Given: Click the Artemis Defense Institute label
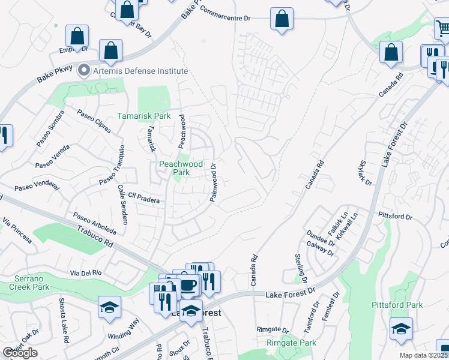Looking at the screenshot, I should point(140,71).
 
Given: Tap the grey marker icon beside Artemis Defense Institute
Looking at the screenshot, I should point(84,70).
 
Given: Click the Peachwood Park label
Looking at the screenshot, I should point(181,168).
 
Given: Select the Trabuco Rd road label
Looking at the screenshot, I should point(95,236).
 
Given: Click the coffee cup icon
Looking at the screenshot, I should point(188,285).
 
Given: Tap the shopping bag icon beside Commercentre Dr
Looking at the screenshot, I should point(281,19).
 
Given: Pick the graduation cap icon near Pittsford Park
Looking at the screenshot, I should point(401,329).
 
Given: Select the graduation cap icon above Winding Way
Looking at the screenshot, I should point(109,307).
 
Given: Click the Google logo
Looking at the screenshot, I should point(20,353).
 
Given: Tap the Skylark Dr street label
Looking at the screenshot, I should point(365,173).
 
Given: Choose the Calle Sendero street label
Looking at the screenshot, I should point(122,205).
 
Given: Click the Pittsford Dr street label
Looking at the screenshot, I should point(395,215).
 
